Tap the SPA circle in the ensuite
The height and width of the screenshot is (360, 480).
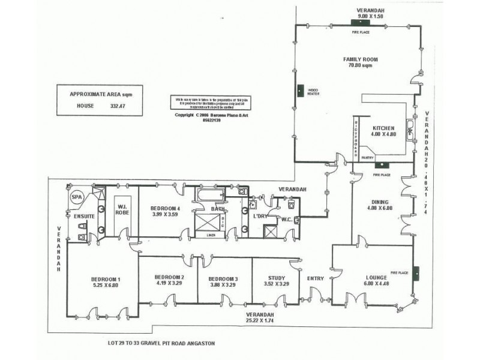click(76, 196)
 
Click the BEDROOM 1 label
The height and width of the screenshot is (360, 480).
click(106, 279)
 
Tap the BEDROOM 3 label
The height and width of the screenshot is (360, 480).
click(223, 279)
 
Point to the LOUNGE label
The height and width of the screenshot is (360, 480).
click(376, 277)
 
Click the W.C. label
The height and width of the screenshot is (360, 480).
click(287, 219)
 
